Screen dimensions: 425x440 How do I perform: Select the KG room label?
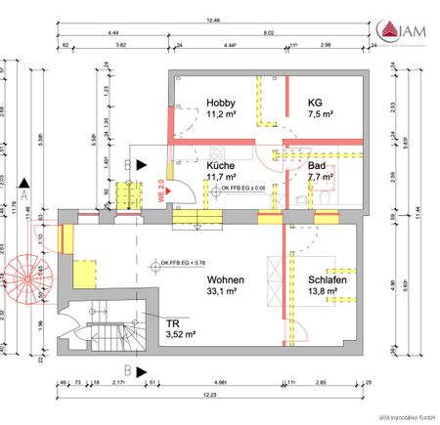pos(315,102)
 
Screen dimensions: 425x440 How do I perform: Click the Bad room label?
pos(316,166)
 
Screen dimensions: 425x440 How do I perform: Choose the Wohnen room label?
pos(226,279)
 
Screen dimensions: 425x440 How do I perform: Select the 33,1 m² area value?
pos(226,291)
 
